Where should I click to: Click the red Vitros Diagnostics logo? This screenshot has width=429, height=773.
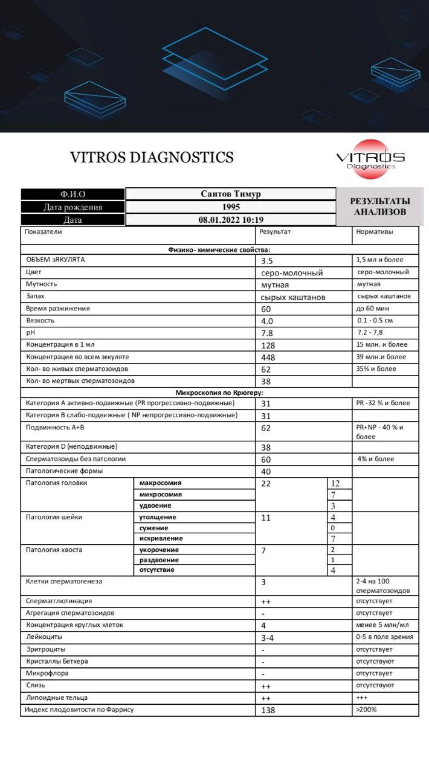tap(370, 159)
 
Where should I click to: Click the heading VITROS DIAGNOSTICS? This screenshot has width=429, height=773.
tap(152, 158)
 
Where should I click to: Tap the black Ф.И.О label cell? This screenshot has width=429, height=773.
tap(73, 194)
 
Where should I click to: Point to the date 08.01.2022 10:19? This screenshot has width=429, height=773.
tap(231, 220)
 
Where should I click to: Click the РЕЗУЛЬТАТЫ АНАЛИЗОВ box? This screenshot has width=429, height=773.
tap(380, 207)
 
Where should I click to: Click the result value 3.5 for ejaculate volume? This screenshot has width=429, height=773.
tap(267, 261)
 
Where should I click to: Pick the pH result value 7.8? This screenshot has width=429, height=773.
tap(267, 333)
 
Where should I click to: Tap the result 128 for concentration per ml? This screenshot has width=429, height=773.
tap(268, 345)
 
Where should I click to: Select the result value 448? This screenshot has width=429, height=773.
tap(268, 358)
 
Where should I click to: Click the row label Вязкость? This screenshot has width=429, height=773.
tap(40, 321)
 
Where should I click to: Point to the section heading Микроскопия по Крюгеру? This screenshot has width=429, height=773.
tap(219, 393)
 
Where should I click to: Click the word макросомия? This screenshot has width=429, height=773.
tap(161, 483)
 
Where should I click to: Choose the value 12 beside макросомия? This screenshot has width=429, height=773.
tap(337, 484)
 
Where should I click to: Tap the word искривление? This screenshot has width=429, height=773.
tap(161, 538)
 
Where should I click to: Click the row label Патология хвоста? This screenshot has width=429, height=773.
tap(54, 550)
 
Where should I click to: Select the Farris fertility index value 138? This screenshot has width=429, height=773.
tap(268, 710)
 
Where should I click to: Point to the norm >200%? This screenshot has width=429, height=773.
tap(366, 710)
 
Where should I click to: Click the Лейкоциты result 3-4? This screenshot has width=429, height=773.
tap(268, 638)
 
